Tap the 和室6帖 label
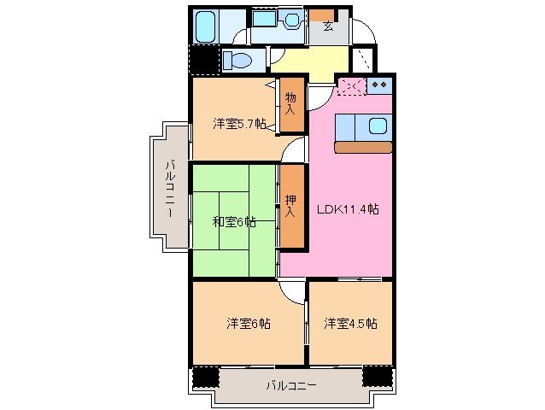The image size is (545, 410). (x=233, y=222)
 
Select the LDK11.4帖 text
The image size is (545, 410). (x=349, y=208)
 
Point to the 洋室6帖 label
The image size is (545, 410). (x=249, y=324)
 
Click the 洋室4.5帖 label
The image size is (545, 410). (x=350, y=324)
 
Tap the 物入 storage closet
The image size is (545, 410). (x=292, y=103)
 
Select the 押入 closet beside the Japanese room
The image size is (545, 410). (x=292, y=206)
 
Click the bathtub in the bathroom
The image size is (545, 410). (x=206, y=28)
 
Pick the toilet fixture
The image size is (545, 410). (x=238, y=61)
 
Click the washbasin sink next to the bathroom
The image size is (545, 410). (x=291, y=20)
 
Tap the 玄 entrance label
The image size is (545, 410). (x=328, y=25)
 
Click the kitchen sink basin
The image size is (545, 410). (x=378, y=126)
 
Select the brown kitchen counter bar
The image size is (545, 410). (x=363, y=147)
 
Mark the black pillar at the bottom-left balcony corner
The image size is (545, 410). (x=205, y=376)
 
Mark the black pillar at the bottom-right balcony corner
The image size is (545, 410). (x=376, y=376)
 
